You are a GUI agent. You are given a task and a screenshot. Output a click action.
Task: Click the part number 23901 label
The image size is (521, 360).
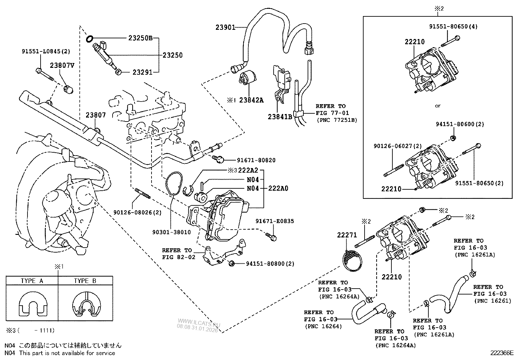(x=225, y=28)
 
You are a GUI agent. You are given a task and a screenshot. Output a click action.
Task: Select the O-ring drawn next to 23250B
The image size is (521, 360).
(x=89, y=39)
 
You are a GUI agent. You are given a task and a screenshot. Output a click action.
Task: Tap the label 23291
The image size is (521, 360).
(x=142, y=72)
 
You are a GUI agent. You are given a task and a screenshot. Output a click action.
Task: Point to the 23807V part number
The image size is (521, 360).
(x=62, y=65)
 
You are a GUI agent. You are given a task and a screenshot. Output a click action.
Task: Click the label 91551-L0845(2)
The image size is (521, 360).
(x=46, y=51)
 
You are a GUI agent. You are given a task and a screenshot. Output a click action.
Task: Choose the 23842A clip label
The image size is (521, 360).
(x=251, y=101)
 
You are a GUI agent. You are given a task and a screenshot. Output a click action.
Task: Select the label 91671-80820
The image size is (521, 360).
(x=256, y=160)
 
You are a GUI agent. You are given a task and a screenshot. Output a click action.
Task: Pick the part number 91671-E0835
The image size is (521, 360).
(x=275, y=221)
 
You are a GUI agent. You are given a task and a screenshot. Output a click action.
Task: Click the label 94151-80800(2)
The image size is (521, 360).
(x=270, y=264)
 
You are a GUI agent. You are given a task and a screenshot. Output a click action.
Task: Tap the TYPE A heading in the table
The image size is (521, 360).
(x=32, y=281)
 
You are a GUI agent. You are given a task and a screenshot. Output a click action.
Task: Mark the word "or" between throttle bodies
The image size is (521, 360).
(x=438, y=106)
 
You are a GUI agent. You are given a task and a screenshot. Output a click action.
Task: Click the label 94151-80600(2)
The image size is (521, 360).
(x=460, y=124)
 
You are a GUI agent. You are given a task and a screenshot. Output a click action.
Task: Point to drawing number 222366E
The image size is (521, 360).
(x=502, y=353)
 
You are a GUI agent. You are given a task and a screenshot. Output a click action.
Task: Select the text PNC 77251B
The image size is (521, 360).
(x=337, y=120)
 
